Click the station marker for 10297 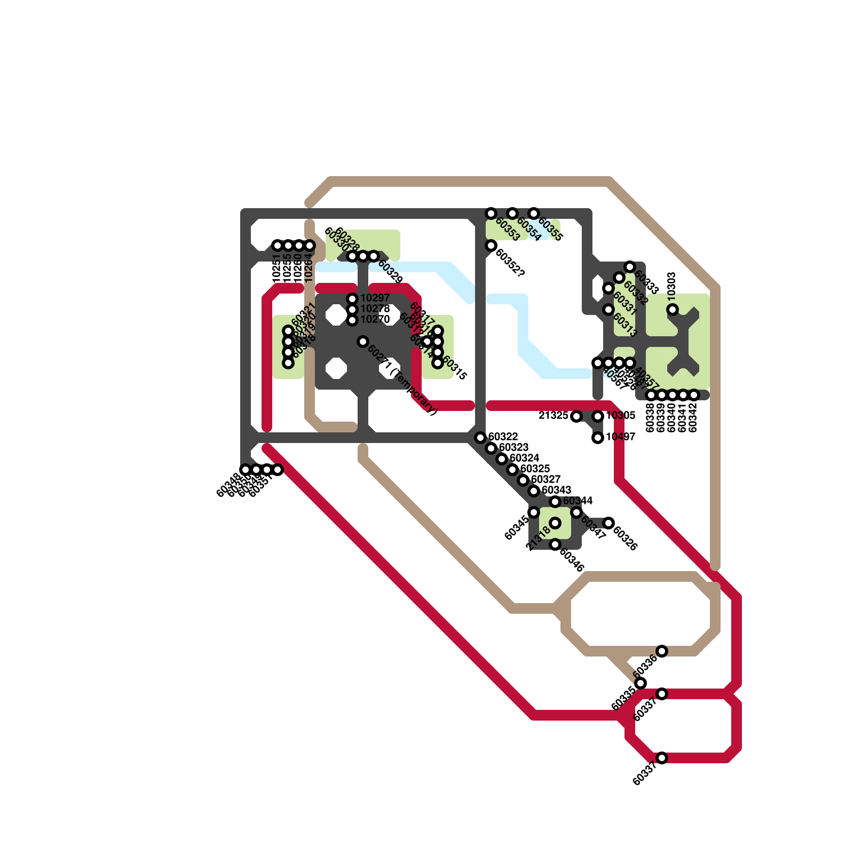coord(352,298)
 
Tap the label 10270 coord(375,320)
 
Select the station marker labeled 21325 coord(576,416)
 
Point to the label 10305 coord(620,416)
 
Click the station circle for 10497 coord(598,438)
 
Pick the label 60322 coord(503,437)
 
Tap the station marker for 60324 coord(502,459)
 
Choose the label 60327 coord(545,480)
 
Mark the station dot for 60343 coord(534,491)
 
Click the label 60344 coord(578,501)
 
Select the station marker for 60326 coord(608,523)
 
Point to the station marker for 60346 coord(555,544)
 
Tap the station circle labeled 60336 coord(662,651)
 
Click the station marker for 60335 coord(640,683)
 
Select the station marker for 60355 coord(534,213)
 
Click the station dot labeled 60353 coord(491,213)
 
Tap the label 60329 coord(390,272)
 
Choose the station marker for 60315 coord(438,363)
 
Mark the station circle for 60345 coord(534,512)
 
